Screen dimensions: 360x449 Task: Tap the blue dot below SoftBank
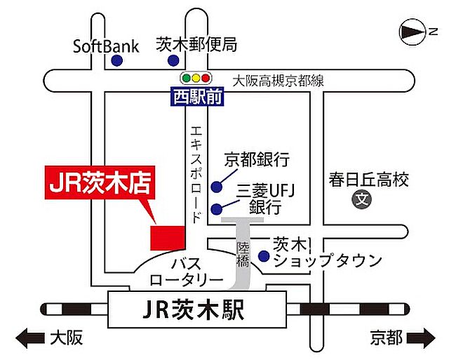point(116,62)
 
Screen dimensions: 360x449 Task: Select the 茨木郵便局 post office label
point(196,45)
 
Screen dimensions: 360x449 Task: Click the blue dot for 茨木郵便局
point(173,62)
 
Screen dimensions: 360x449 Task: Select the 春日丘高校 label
point(368,180)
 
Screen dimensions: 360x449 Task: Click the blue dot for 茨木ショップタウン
point(263,256)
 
